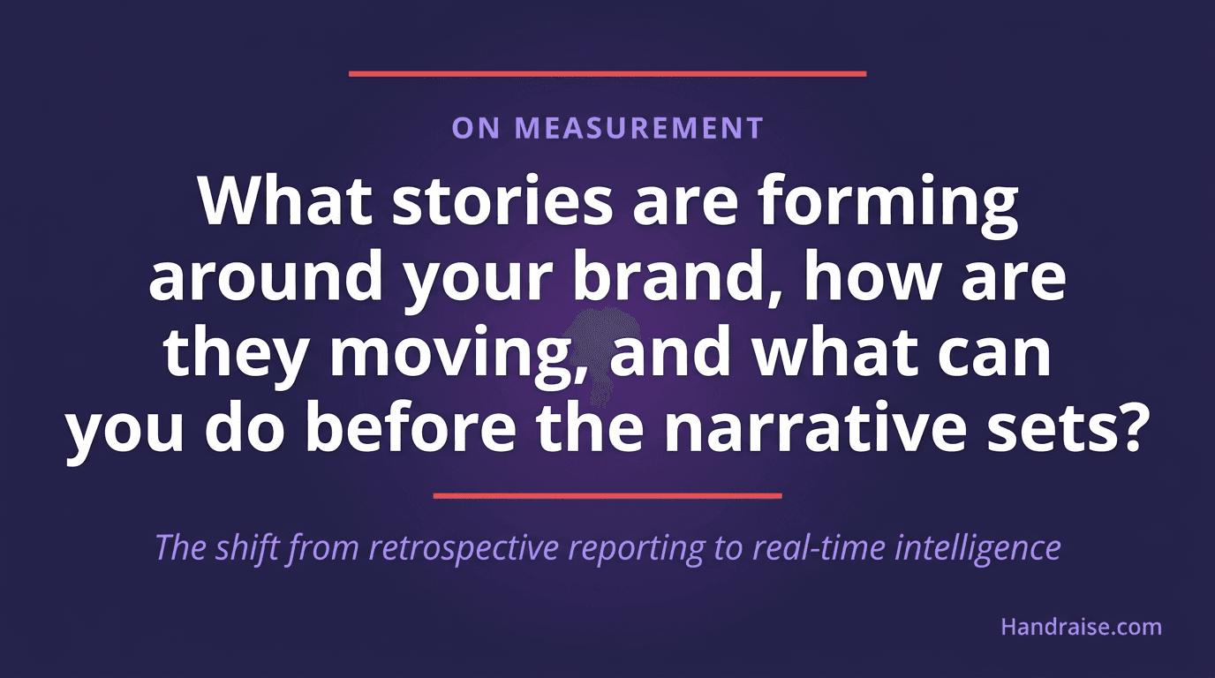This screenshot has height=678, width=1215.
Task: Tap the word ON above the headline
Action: (x=476, y=128)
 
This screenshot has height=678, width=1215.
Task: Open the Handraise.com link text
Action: (x=1081, y=627)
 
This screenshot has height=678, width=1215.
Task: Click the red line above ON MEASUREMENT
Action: (x=607, y=74)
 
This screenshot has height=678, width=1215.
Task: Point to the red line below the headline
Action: (x=607, y=496)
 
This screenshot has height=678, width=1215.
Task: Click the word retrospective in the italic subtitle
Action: (x=464, y=548)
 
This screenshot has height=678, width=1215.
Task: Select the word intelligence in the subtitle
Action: (x=977, y=548)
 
